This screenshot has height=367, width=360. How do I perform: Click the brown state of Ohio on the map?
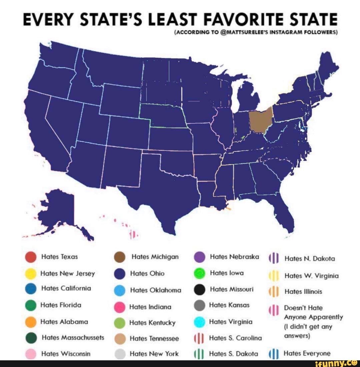[x=261, y=120]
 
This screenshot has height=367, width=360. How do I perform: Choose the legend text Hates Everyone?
[x=307, y=353]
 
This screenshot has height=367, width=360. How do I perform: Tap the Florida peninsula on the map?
[x=285, y=214]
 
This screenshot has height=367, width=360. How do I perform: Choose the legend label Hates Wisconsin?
[x=65, y=354]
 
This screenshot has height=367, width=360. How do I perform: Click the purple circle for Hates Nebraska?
[x=200, y=258]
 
